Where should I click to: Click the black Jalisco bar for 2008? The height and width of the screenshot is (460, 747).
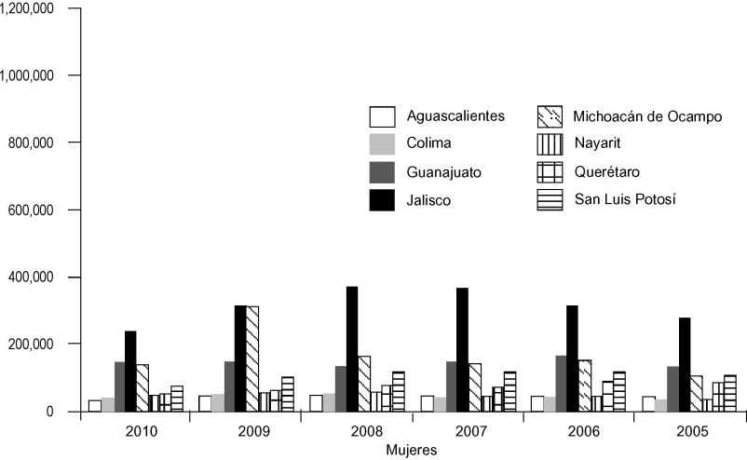[352, 349]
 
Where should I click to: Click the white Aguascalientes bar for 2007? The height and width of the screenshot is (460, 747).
[427, 403]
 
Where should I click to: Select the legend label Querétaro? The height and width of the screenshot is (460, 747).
[607, 171]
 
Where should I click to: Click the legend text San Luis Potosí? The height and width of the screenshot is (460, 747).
[624, 199]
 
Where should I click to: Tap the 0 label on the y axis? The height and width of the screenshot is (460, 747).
[63, 412]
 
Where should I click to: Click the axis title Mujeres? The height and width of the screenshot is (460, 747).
[412, 450]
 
